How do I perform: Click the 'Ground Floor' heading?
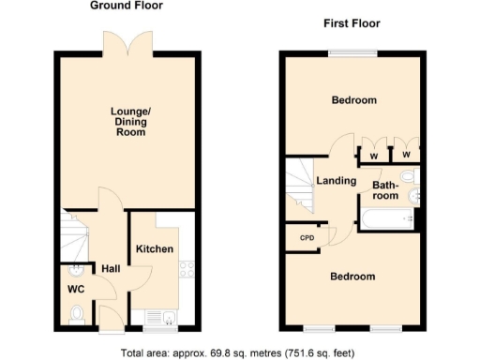126,6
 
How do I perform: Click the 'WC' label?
75,290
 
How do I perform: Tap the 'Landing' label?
335,181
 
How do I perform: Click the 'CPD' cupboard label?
306,238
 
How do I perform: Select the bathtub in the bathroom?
386,219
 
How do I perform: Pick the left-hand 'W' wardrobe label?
373,155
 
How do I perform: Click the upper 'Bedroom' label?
353,100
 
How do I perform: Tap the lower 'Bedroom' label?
353,277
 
